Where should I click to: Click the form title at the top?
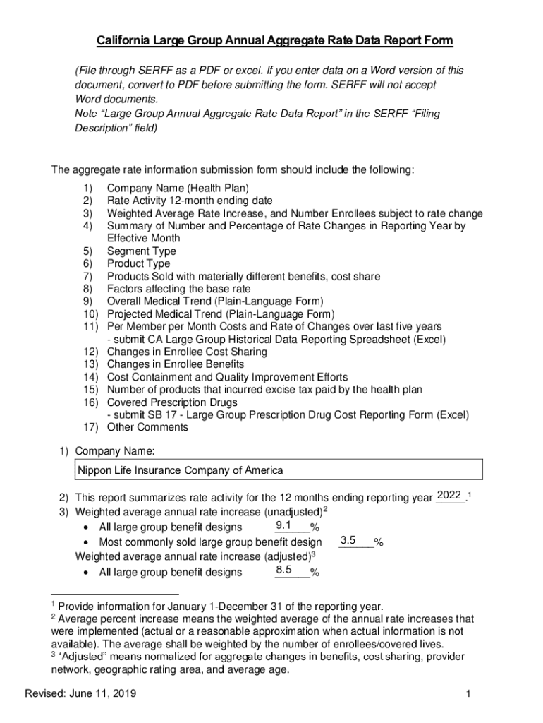point(271,41)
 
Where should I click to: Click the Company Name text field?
point(279,470)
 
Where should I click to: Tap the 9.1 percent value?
point(284,525)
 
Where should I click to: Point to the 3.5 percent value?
point(348,541)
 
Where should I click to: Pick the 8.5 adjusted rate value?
point(284,570)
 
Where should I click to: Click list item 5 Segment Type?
point(141,251)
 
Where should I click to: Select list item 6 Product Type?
point(138,264)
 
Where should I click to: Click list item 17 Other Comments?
point(147,427)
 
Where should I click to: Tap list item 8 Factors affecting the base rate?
point(178,289)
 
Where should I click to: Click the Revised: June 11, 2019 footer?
point(80,694)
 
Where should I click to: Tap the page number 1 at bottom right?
point(468,694)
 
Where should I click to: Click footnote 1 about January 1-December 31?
point(221,607)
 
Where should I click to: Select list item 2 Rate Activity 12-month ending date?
point(189,201)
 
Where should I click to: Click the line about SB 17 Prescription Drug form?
point(288,414)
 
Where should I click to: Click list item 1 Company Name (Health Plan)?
point(177,188)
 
